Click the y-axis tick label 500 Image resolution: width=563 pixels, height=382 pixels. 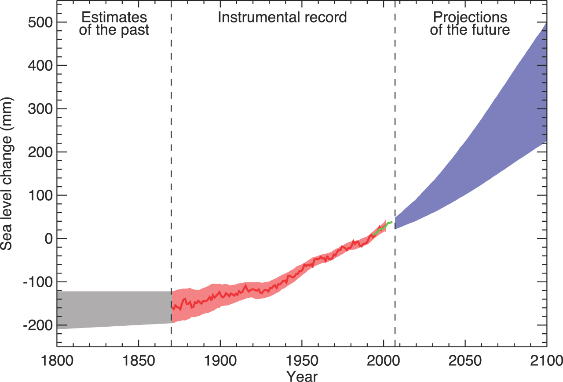38,22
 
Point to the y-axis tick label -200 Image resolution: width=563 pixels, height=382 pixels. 36,325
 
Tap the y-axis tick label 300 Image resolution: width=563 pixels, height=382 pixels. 38,109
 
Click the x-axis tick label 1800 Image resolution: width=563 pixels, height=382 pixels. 57,361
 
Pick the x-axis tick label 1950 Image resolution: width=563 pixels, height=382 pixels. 302,361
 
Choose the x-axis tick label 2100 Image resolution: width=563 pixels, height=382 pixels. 546,361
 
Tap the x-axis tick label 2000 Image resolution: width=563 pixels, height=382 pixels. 384,361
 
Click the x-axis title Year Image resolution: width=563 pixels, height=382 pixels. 302,376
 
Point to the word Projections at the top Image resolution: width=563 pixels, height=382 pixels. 470,18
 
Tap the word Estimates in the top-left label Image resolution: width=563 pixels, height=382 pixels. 114,18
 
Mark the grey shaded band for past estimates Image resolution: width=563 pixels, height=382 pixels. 113,309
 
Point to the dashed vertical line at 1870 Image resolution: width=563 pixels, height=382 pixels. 171,132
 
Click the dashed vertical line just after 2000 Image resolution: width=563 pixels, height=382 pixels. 395,132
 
